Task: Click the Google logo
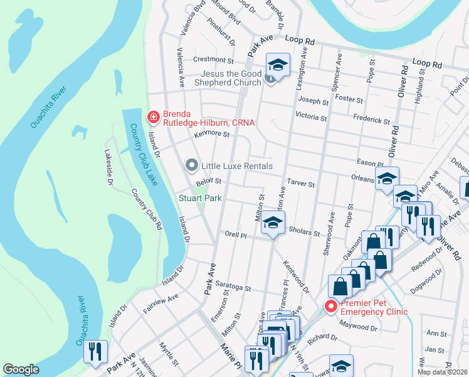(21, 369)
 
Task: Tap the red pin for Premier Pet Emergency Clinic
(330, 307)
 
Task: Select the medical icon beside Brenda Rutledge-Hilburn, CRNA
(152, 116)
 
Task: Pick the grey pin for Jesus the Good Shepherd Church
(270, 78)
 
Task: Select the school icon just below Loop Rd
(277, 63)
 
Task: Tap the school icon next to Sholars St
(273, 222)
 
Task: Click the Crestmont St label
(213, 60)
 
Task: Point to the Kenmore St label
(212, 133)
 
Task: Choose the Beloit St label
(209, 182)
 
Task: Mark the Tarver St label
(300, 183)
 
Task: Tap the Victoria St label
(311, 117)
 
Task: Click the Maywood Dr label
(359, 325)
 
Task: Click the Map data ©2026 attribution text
(443, 372)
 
